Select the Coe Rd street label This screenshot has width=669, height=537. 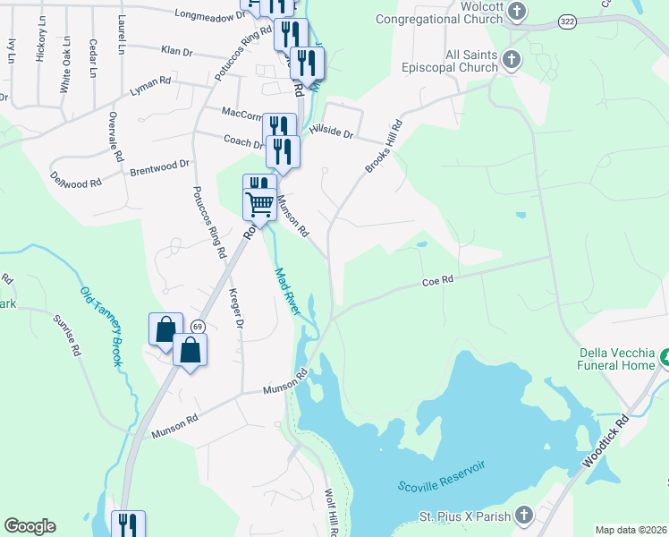(x=438, y=280)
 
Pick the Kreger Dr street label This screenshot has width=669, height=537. (x=236, y=308)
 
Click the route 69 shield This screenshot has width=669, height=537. (x=197, y=328)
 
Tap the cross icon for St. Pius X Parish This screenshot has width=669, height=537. (x=523, y=516)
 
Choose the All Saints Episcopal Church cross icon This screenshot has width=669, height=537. (x=511, y=60)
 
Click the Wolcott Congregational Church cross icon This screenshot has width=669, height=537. (x=516, y=11)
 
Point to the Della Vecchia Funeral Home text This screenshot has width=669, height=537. (x=616, y=359)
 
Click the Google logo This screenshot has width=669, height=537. (x=30, y=526)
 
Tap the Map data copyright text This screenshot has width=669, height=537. (x=631, y=530)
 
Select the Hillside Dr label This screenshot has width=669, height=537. (x=333, y=130)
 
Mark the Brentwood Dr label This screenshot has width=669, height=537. (x=160, y=167)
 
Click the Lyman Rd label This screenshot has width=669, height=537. (x=150, y=86)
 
